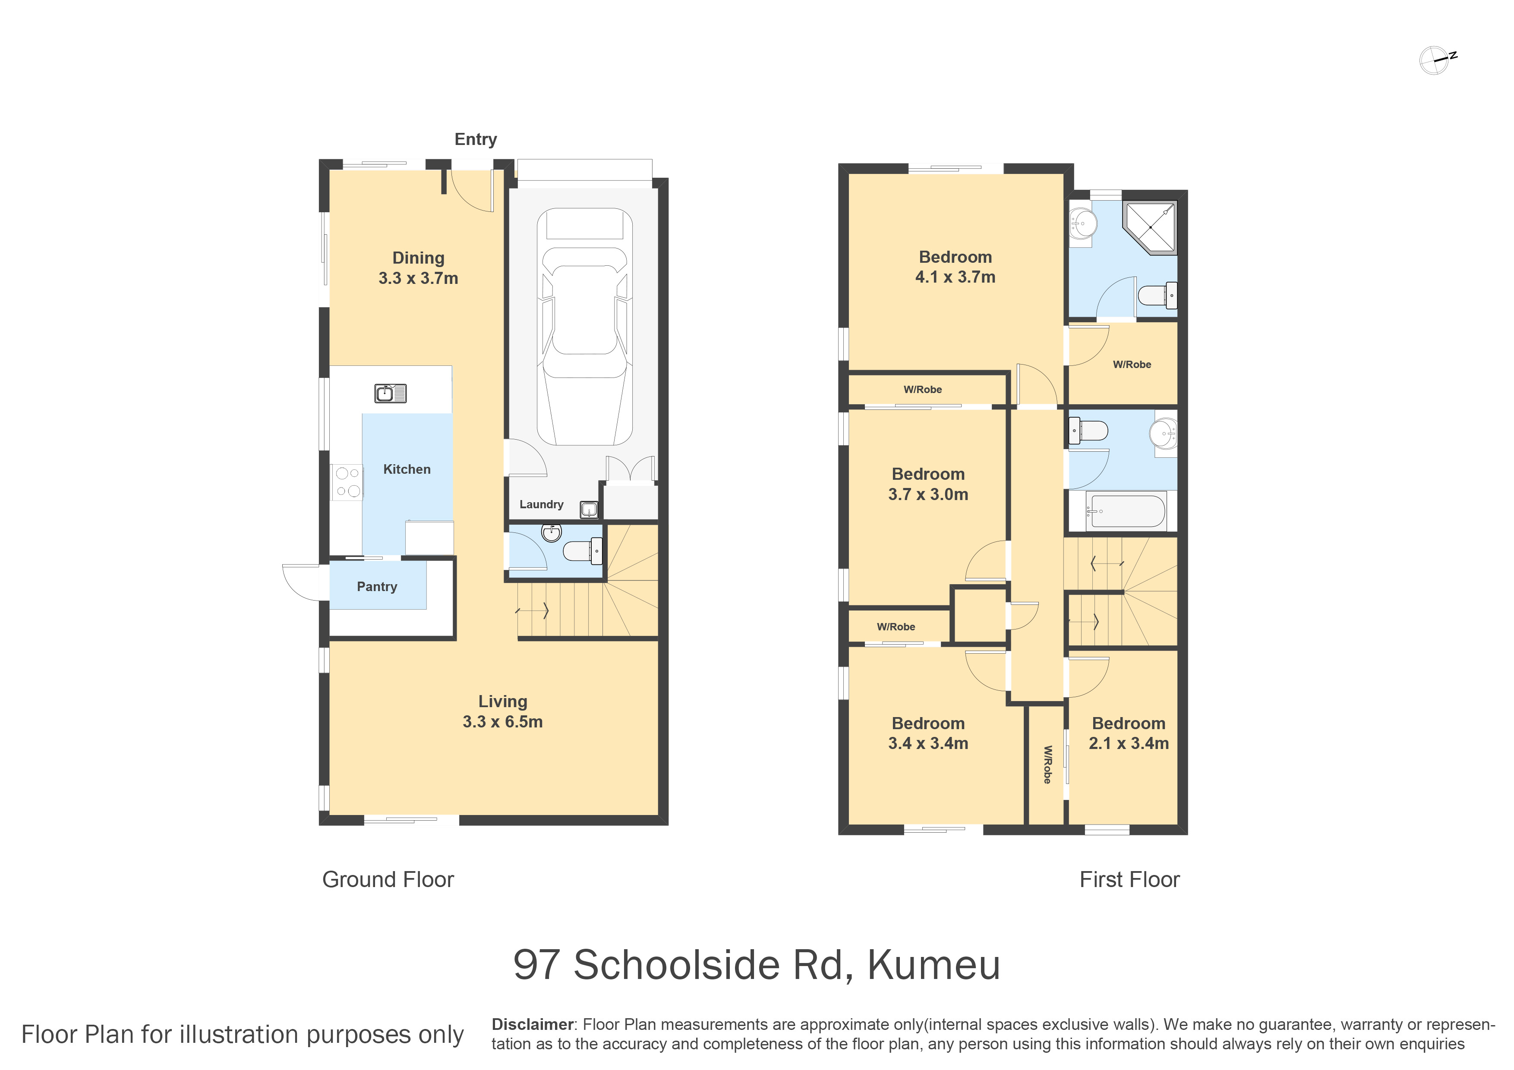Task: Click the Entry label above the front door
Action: click(x=476, y=139)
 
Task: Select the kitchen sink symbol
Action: click(x=391, y=393)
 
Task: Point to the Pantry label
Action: click(x=377, y=587)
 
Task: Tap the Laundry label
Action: click(x=541, y=504)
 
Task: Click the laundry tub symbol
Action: click(x=589, y=510)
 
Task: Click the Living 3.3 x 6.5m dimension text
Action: click(x=502, y=722)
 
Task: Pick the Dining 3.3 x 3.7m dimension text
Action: click(x=418, y=278)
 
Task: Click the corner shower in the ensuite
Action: click(x=1150, y=227)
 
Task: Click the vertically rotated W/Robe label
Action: click(x=1047, y=765)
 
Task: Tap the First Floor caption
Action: click(x=1129, y=879)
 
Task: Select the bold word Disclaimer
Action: click(x=533, y=1025)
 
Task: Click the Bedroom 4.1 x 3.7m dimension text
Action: click(x=956, y=277)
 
